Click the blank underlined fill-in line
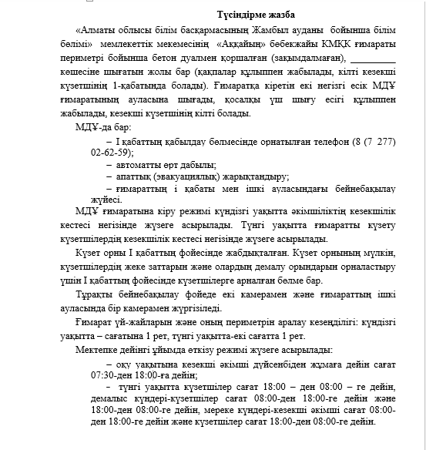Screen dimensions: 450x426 372,60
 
